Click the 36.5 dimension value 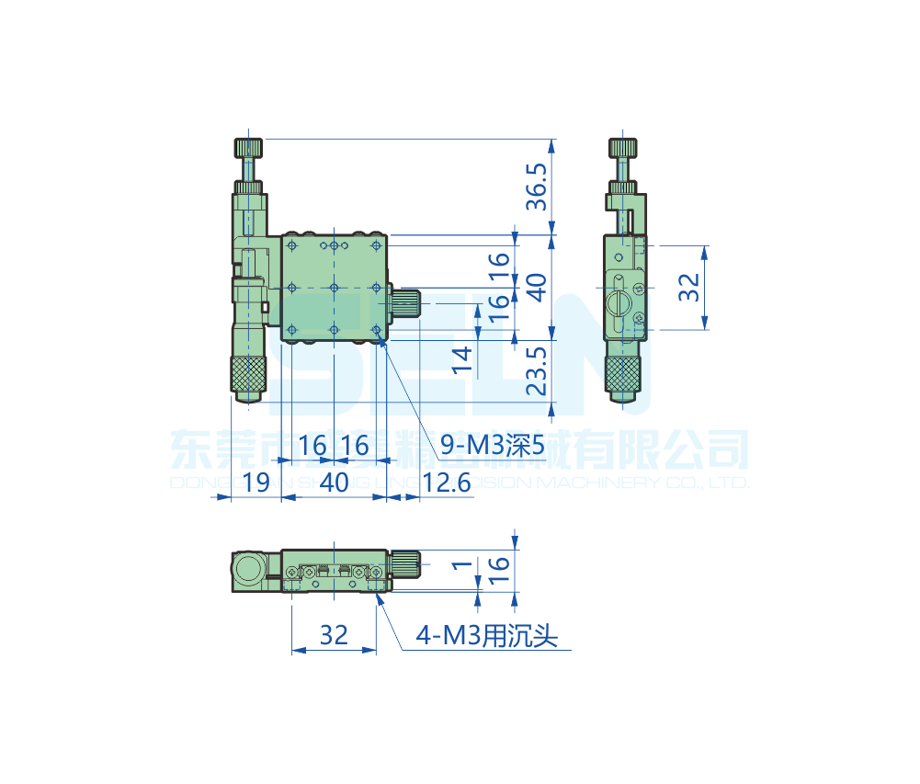[537, 187]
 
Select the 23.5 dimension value [537, 370]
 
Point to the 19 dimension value [256, 482]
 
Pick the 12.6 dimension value [446, 482]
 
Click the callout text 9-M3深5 [492, 447]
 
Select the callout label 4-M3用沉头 [487, 636]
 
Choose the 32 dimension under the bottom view [334, 635]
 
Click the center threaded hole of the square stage [334, 288]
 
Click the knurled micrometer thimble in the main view [247, 373]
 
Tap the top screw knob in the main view [248, 147]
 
